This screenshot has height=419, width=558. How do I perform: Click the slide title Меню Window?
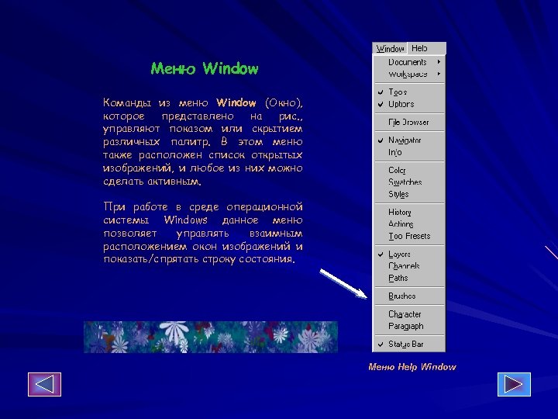coord(205,69)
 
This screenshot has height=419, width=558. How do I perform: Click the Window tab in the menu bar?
coord(391,49)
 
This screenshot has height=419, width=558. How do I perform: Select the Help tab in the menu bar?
coord(419,48)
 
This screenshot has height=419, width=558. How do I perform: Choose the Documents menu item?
coord(408,62)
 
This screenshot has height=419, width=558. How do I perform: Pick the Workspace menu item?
coord(408,74)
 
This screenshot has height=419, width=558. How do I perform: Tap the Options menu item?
coord(401,104)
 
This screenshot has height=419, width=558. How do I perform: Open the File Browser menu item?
coord(408,122)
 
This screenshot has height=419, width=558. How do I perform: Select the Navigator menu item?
coord(405,140)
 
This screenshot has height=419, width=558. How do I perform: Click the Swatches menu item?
coord(405,182)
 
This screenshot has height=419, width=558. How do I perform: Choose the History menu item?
coord(400,212)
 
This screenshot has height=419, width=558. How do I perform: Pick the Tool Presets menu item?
coord(409,236)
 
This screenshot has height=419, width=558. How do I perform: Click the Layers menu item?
coord(399,254)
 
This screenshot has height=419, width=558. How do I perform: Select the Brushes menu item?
coord(402,296)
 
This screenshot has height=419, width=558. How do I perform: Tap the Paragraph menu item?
coord(406,326)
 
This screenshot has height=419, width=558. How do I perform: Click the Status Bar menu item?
coord(406,344)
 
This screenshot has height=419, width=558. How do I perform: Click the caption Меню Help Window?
coord(412,367)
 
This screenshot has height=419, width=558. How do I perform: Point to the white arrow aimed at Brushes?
coord(342,283)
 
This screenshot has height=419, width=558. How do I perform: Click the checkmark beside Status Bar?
coord(381,344)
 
